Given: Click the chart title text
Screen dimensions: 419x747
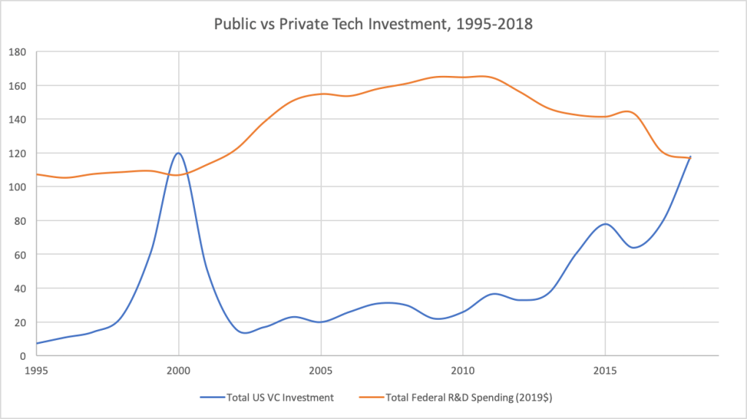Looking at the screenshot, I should [x=373, y=24].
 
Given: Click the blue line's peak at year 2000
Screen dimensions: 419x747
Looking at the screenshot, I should [x=178, y=153].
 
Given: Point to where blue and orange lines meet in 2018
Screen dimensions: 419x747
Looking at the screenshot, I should [x=690, y=157].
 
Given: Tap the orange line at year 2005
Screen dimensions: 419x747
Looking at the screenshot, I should [x=321, y=93].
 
